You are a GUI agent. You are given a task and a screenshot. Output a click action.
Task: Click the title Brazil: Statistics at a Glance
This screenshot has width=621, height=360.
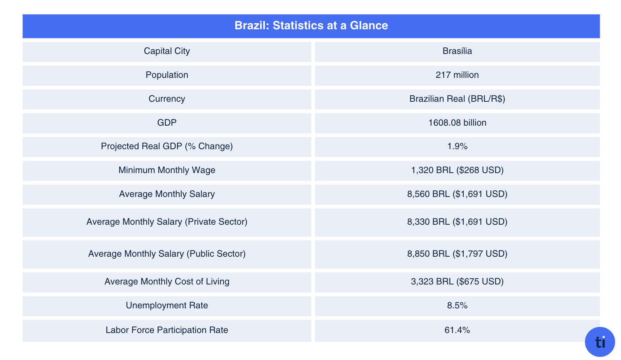coord(311,25)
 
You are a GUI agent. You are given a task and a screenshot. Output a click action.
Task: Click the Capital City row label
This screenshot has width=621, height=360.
coord(167,51)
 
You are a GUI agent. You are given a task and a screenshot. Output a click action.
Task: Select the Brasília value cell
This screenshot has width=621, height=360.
coord(457,51)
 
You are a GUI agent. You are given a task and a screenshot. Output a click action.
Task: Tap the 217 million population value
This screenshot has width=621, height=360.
coord(457,75)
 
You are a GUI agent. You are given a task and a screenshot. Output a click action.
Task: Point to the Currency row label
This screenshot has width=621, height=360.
coord(167,99)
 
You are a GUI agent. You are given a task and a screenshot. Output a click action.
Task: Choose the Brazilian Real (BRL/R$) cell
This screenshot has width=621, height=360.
coord(457,99)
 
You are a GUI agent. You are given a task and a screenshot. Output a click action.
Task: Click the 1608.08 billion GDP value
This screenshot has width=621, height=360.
coord(457,123)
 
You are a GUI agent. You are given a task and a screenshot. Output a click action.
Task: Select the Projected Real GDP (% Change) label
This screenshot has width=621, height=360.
coord(167,146)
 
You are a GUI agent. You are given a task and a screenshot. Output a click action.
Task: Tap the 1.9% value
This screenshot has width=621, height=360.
coord(457,146)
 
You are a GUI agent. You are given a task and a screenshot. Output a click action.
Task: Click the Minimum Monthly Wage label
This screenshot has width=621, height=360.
coord(167,170)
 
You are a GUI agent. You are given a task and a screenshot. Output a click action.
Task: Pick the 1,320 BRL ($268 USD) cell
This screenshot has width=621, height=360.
coord(457,170)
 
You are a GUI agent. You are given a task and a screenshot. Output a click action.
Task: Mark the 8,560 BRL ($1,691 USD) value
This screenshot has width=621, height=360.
coord(457,194)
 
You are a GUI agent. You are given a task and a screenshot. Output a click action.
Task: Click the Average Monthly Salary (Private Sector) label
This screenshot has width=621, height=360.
coord(167,222)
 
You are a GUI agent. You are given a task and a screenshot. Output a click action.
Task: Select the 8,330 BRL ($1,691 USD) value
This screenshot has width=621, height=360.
coord(457,222)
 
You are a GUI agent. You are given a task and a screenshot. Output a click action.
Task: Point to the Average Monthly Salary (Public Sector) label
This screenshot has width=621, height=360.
coord(167,254)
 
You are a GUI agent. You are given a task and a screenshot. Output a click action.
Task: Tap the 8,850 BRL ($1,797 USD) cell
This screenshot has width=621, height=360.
coord(457,254)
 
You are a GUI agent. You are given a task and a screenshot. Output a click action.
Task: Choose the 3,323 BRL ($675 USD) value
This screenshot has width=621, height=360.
coord(457,282)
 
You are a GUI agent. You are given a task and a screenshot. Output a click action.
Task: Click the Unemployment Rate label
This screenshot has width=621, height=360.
coord(167,306)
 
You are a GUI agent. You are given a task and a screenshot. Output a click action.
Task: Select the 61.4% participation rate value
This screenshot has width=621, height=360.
coord(457,330)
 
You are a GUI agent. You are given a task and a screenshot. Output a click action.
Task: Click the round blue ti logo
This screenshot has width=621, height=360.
coord(600,342)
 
